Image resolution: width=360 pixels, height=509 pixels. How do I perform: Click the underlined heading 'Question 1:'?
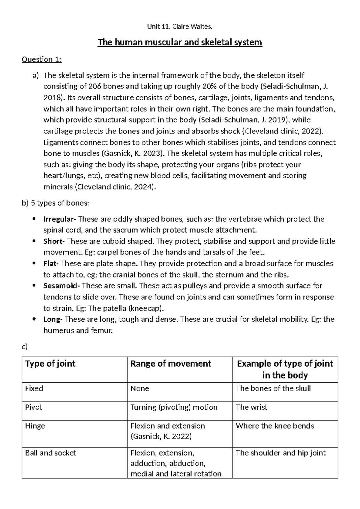[41, 59]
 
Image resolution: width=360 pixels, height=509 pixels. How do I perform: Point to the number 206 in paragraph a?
[95, 86]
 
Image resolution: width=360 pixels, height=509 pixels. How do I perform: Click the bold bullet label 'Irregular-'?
[59, 219]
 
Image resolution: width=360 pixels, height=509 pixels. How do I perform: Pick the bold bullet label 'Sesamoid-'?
[61, 286]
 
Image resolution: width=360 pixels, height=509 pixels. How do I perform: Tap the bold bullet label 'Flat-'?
[52, 264]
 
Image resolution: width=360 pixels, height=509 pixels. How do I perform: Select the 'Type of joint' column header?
[50, 364]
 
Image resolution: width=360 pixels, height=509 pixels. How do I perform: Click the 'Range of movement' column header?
[171, 364]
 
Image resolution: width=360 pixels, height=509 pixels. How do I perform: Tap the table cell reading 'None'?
[140, 389]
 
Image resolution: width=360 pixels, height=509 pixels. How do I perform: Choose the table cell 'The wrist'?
[251, 407]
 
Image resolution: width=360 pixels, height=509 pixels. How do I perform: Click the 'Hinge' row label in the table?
[35, 426]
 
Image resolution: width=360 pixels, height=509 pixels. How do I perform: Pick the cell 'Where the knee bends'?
[274, 426]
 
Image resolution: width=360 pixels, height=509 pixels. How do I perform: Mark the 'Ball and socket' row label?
[50, 453]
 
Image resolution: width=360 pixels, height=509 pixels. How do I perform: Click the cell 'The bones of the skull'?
[273, 389]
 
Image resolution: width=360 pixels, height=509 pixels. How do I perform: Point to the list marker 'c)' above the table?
[25, 347]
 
